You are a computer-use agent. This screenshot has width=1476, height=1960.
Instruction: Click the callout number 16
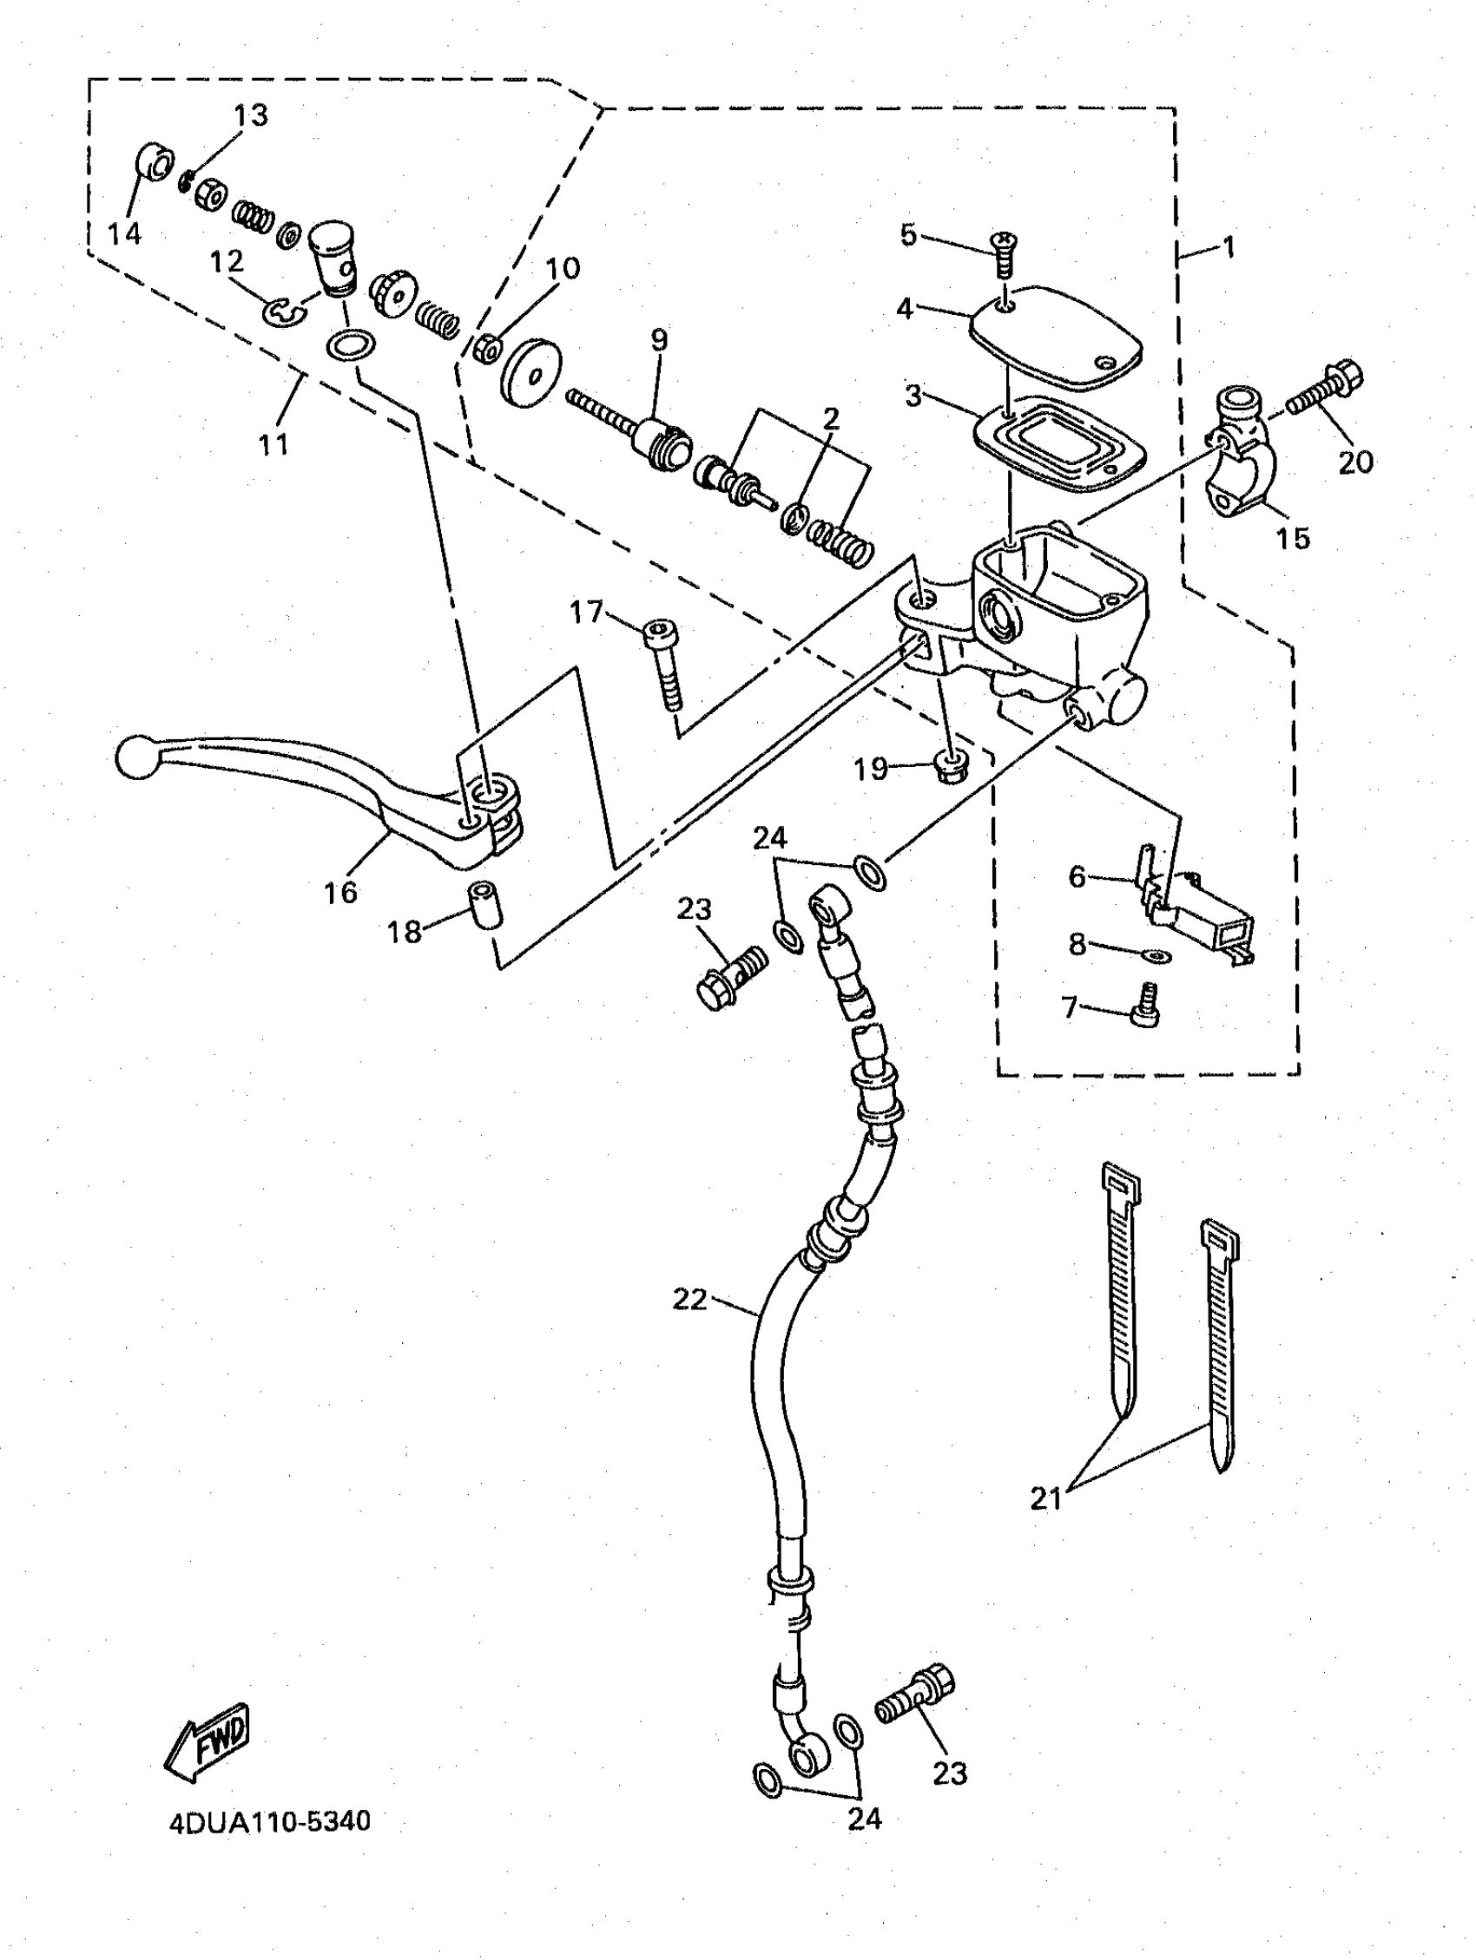(340, 892)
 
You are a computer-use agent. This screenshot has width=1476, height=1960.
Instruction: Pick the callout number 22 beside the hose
(689, 1300)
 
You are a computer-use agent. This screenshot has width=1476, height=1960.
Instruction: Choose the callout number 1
(1228, 246)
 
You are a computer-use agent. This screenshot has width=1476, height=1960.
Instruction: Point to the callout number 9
(659, 341)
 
